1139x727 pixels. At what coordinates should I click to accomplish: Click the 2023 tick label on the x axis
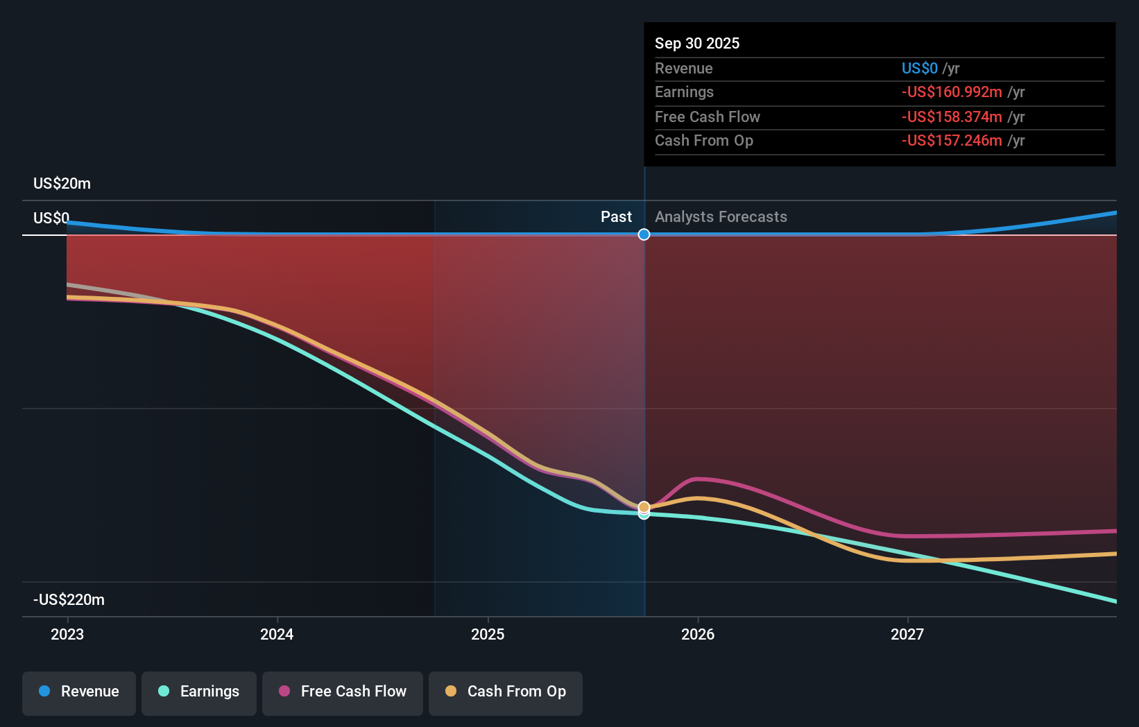67,634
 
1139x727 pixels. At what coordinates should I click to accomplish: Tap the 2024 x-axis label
277,634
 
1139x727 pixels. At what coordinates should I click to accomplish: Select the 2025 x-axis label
488,634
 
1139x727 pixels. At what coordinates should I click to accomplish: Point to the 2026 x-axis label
698,634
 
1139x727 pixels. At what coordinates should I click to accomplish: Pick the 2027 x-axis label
907,634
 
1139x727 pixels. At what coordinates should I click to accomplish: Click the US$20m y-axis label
62,183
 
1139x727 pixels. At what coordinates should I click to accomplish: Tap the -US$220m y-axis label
69,599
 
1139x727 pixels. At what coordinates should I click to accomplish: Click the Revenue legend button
79,692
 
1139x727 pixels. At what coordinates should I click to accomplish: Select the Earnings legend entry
199,692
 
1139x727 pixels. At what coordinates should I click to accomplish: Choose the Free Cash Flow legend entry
343,692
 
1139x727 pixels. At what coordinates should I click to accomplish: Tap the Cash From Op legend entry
506,692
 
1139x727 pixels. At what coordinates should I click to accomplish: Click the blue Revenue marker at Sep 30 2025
644,234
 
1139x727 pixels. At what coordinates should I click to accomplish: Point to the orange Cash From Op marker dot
644,507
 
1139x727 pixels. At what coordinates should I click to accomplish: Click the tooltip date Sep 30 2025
697,43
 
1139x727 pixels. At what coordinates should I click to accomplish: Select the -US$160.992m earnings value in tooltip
951,92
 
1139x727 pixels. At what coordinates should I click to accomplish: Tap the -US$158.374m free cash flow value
951,117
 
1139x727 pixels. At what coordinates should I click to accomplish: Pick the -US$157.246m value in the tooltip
951,140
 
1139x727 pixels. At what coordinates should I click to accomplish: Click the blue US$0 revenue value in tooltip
919,68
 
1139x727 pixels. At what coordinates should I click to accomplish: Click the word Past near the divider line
616,216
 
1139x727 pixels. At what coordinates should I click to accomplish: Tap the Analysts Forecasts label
721,216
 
